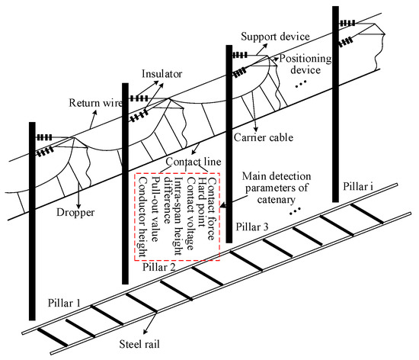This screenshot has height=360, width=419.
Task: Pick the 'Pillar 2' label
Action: click(x=159, y=268)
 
